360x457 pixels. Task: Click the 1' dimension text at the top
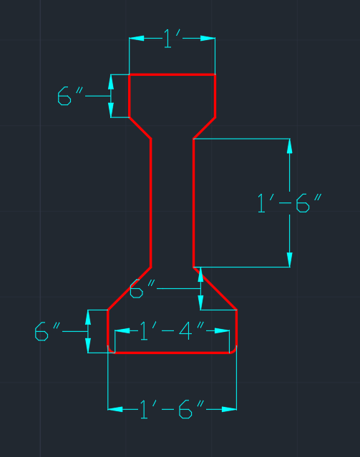pos(172,39)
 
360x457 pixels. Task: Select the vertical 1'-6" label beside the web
pos(289,203)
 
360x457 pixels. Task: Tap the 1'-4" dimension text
pos(172,331)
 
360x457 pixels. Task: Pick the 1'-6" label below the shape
pos(172,409)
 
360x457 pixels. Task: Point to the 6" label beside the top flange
pos(70,96)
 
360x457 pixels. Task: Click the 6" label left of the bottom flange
pos(47,331)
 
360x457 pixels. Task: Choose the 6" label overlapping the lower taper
pos(142,288)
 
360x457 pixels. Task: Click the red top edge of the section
pos(172,74)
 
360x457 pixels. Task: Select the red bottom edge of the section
pos(172,353)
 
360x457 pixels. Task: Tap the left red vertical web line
pos(151,203)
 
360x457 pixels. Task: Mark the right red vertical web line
pos(193,203)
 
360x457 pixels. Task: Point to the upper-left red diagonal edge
pos(140,128)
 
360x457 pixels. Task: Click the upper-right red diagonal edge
pos(204,128)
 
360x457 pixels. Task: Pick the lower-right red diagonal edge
pos(215,288)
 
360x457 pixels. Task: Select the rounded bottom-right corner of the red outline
pos(234,350)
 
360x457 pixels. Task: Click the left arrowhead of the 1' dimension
pos(137,38)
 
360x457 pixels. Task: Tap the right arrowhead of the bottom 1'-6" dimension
pos(229,409)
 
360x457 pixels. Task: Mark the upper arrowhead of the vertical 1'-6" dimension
pos(289,147)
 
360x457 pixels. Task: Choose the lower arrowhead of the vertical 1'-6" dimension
pos(289,260)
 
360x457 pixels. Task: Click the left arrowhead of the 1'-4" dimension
pos(122,331)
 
